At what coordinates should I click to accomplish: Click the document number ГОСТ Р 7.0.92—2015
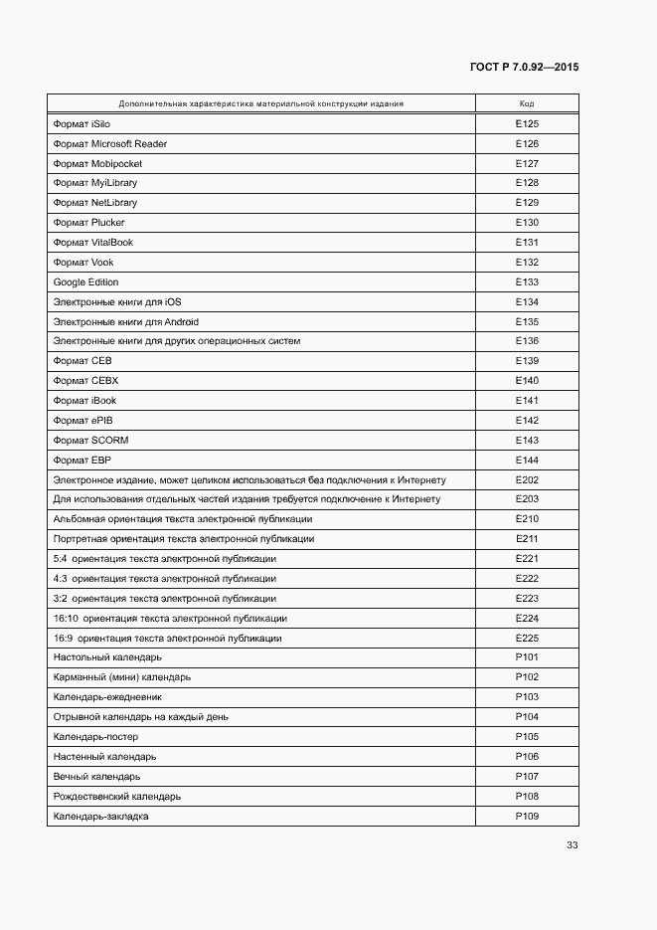(x=524, y=68)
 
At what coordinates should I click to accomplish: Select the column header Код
(x=527, y=103)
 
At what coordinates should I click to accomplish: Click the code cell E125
(x=527, y=124)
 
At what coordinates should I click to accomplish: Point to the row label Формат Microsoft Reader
(x=110, y=144)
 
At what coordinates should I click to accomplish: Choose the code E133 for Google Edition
(x=527, y=282)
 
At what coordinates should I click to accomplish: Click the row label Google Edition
(x=85, y=282)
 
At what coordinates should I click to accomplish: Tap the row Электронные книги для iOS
(x=116, y=302)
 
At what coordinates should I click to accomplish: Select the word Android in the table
(x=182, y=322)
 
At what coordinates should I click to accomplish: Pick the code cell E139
(x=527, y=361)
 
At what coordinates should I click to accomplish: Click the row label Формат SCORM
(x=90, y=440)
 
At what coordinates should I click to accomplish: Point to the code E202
(x=527, y=479)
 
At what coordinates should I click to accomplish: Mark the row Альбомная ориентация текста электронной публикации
(x=183, y=519)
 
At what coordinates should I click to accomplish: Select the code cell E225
(x=527, y=638)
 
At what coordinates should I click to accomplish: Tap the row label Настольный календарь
(x=107, y=657)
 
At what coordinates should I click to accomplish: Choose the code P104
(x=527, y=717)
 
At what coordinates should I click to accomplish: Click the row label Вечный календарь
(x=96, y=776)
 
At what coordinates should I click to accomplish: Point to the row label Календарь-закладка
(x=101, y=816)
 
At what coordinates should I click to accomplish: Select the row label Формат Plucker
(x=88, y=223)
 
